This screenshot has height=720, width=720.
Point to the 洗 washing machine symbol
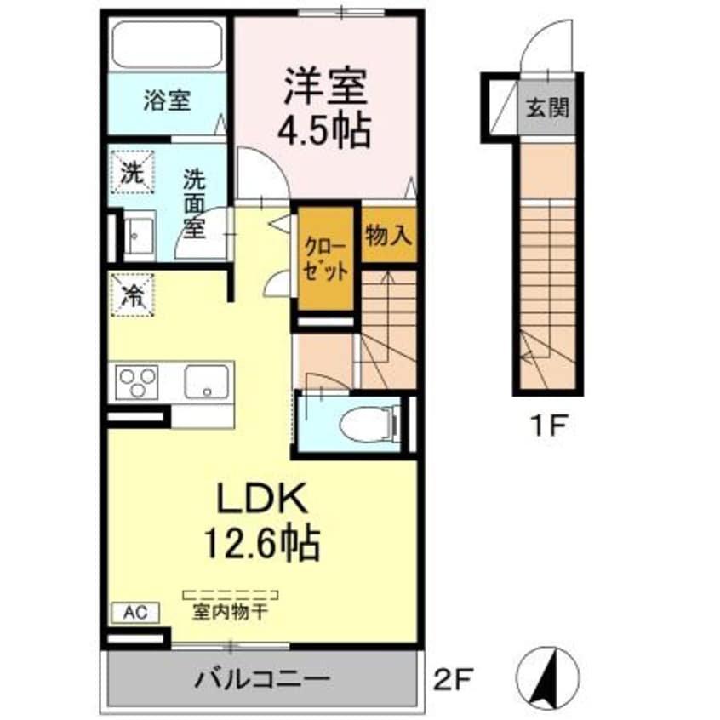click(131, 171)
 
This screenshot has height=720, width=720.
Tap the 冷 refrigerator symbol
click(131, 294)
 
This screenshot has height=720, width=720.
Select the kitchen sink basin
click(208, 382)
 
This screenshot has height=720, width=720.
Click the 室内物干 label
click(230, 612)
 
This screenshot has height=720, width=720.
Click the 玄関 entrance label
click(547, 108)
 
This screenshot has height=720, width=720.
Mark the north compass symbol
click(549, 674)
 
